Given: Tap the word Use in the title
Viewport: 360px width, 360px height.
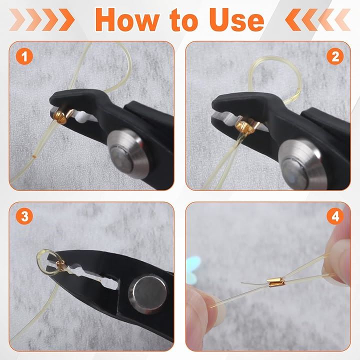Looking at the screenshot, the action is [x=236, y=19].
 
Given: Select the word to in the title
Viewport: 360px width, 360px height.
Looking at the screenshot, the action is [x=184, y=20].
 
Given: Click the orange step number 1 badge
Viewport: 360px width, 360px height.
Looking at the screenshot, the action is [x=24, y=56].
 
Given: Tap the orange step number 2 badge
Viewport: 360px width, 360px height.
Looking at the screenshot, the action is [x=335, y=56].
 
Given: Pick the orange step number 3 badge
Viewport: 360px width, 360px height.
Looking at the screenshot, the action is [x=24, y=216].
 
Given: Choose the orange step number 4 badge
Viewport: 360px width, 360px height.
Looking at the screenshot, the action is [x=335, y=216].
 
